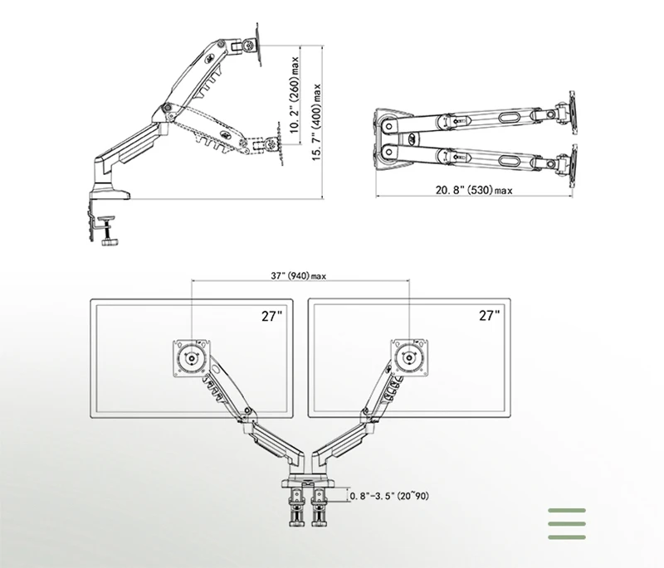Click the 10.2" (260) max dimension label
pos(295,95)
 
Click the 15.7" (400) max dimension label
pos(317,122)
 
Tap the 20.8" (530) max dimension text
pos(474,191)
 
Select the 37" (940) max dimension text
pos(299,276)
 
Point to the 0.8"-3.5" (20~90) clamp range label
pos(389,496)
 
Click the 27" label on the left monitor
pos(271,315)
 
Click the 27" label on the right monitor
pos(490,315)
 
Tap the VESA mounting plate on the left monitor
pos(192,358)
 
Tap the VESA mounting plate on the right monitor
pos(409,358)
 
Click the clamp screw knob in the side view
pos(110,242)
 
